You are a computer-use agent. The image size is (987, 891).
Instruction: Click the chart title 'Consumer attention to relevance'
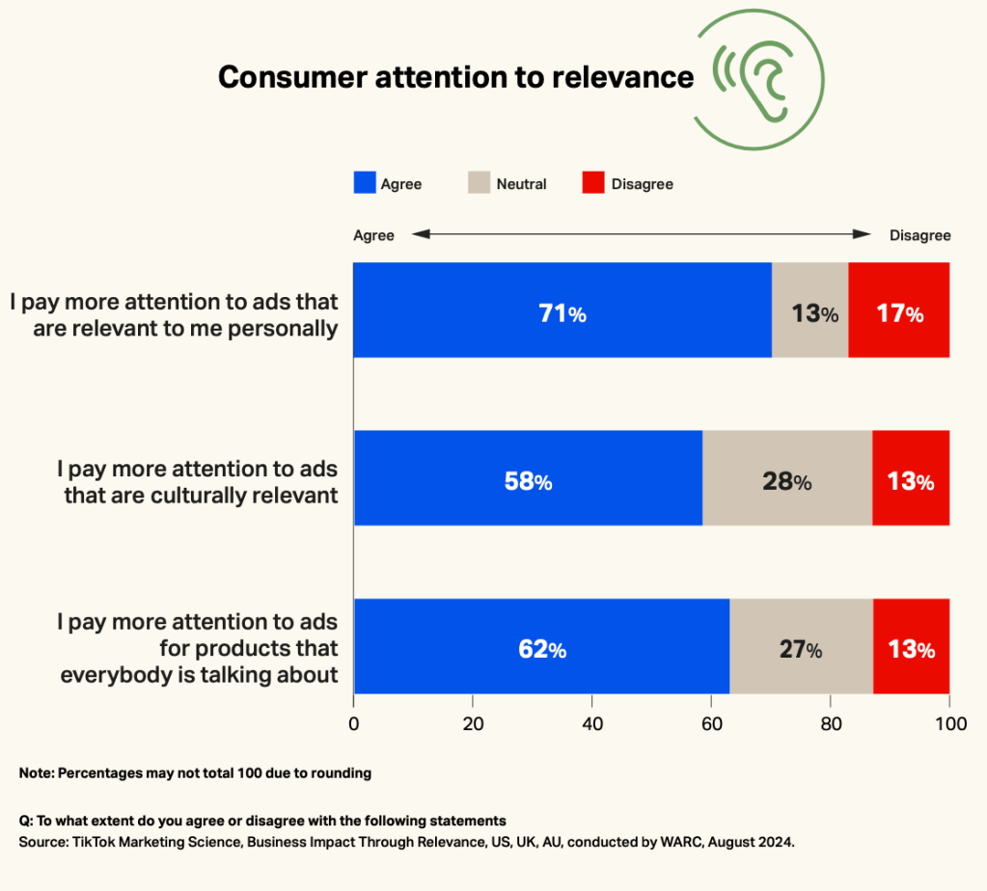coord(455,77)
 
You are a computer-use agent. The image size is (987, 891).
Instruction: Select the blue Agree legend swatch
coord(364,183)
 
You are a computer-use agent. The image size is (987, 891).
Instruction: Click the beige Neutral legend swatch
coord(480,183)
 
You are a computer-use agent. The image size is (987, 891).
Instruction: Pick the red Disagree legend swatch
coord(593,183)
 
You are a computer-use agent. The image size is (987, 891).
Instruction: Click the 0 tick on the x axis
coord(354,723)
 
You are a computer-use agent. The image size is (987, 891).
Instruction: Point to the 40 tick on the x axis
coord(591,723)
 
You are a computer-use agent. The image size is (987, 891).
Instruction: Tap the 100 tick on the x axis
coord(949,723)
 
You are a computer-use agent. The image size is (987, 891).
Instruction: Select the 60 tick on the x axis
coord(711,723)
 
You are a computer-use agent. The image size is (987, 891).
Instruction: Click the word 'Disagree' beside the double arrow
coord(919,235)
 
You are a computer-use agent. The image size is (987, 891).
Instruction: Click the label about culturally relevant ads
coord(198,482)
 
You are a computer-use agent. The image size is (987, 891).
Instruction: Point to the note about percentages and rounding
coord(195,773)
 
